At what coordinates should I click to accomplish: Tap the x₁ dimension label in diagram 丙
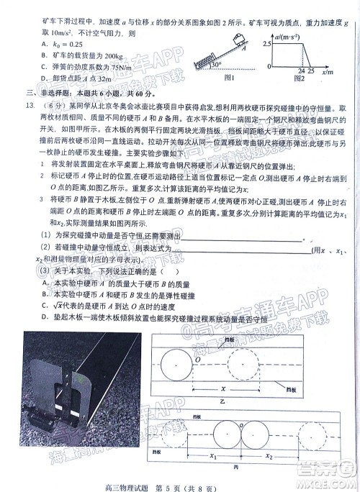coord(212,456)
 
